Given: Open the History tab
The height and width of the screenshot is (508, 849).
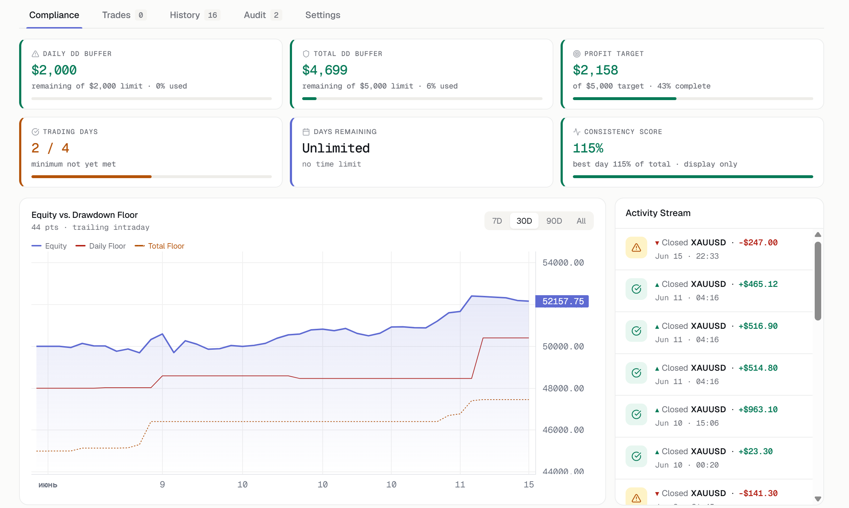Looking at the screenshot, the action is click(x=195, y=15).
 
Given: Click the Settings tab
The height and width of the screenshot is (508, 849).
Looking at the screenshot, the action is click(x=323, y=15).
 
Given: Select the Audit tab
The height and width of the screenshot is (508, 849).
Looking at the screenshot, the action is click(x=262, y=15).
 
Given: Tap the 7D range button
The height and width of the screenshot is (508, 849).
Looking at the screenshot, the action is click(x=497, y=221).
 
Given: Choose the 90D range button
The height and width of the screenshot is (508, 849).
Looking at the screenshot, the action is click(x=554, y=221).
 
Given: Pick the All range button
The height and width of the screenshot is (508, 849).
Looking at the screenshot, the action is click(x=581, y=221).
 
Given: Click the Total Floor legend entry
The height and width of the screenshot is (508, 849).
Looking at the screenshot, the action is click(x=159, y=246).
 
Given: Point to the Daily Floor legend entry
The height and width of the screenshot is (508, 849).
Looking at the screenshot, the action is click(x=100, y=246).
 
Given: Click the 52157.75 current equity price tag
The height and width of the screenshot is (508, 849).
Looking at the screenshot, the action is click(x=562, y=301).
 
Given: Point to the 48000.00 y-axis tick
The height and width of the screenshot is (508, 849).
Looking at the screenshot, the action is click(x=563, y=388).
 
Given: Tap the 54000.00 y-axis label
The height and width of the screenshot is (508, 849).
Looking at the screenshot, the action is click(x=563, y=263).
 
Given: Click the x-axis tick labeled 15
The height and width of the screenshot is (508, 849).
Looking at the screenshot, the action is click(x=529, y=485).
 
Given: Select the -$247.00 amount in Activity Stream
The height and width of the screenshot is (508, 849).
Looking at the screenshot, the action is click(x=758, y=242).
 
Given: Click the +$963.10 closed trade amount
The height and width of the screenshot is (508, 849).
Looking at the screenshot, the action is click(x=758, y=409).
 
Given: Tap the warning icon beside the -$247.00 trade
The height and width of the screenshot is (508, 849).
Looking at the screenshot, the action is click(x=636, y=247).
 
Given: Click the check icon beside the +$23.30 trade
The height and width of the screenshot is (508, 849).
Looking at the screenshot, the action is click(x=636, y=456).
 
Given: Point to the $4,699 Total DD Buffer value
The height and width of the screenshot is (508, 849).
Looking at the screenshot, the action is click(x=325, y=70).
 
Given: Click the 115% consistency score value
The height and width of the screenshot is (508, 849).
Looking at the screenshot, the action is click(x=588, y=148).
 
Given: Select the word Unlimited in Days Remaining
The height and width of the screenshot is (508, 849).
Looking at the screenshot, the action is click(x=336, y=148).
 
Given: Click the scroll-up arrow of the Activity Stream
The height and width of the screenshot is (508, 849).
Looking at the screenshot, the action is click(x=818, y=235).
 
